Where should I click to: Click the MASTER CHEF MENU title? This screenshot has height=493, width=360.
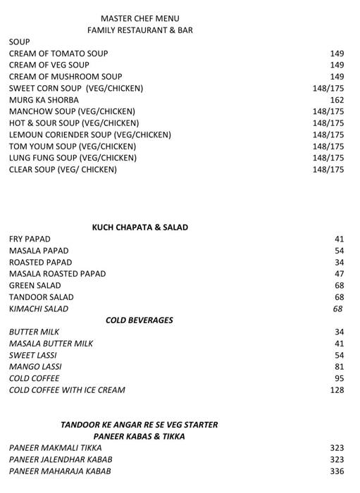coord(139,18)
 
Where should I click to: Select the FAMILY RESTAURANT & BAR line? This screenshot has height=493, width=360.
coord(139,30)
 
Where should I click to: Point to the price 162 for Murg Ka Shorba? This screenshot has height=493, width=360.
coord(336,100)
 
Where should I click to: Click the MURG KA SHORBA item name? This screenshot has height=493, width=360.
coord(44,100)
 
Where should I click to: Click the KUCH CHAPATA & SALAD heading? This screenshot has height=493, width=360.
coord(140,227)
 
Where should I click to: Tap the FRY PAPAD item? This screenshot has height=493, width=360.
coord(30,239)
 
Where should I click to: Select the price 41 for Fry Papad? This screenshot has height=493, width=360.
coord(339,239)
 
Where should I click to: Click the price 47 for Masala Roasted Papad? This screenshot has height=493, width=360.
coord(339,274)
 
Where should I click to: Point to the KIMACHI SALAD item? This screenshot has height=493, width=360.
coord(39,309)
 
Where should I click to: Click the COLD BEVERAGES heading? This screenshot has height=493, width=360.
coord(139,320)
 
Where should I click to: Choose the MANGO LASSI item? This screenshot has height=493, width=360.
coord(35,367)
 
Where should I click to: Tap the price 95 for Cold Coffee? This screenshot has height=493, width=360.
coord(339,378)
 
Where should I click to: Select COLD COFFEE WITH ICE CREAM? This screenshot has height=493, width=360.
coord(67,390)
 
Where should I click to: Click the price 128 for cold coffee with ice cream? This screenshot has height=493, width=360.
coord(337,390)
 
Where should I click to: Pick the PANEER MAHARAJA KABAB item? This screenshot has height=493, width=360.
coord(60,471)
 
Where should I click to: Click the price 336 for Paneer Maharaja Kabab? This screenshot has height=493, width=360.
coord(337,471)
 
